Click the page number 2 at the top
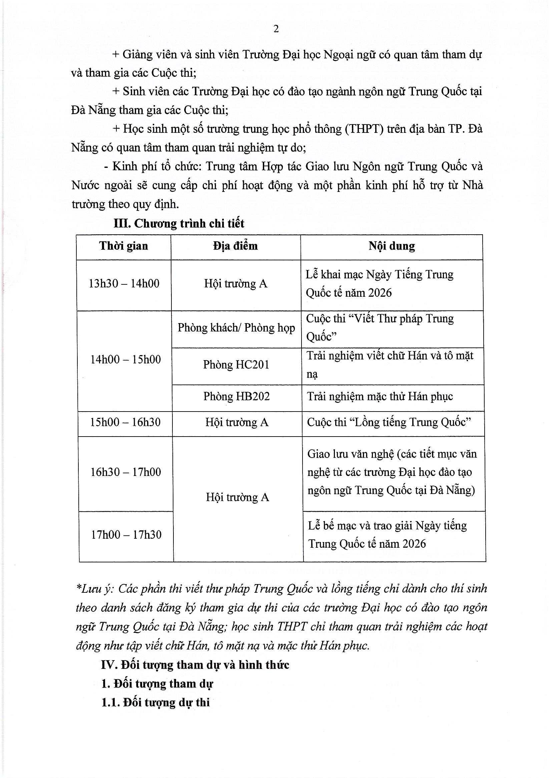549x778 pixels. point(276,29)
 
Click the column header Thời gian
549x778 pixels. point(124,246)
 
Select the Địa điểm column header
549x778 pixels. point(235,246)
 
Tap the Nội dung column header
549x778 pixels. point(392,246)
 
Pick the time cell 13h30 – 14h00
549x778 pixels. point(124,284)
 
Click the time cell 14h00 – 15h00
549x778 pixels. point(125,359)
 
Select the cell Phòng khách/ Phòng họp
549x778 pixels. point(236,328)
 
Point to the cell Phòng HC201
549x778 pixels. point(236,365)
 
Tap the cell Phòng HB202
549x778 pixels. point(236,397)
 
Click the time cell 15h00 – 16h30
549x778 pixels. point(125,422)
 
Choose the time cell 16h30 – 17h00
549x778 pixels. point(126,472)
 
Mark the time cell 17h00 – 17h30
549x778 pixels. point(126,535)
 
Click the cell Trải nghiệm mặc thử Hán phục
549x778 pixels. point(380,397)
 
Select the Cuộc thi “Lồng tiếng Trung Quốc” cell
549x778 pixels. point(389,422)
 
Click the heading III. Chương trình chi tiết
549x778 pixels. point(179,224)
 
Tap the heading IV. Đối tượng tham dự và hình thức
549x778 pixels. point(195,665)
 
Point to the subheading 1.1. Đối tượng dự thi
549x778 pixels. point(155,703)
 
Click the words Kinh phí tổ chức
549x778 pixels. point(157,166)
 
